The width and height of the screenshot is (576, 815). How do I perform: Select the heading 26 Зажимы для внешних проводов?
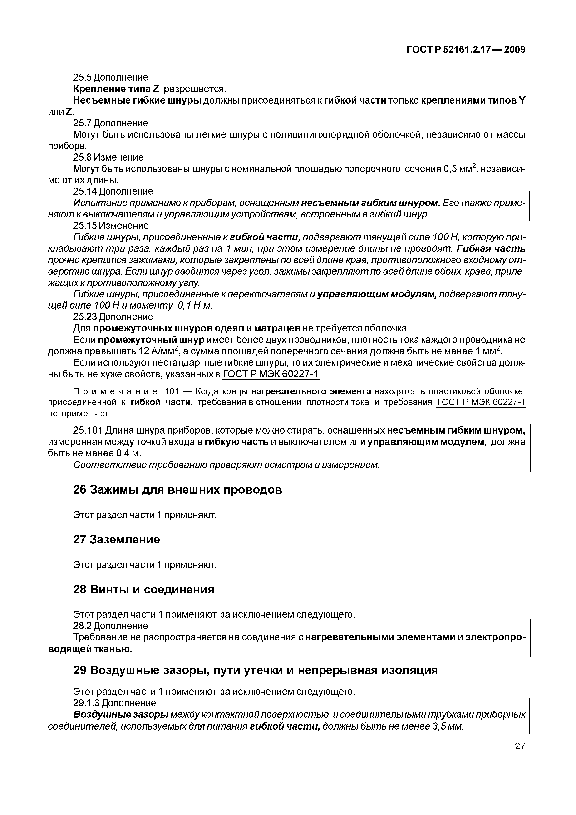177,490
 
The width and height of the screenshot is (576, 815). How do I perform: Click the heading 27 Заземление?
116,539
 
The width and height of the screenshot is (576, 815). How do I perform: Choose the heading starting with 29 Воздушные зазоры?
255,670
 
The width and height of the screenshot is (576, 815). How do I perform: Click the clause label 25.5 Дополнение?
110,77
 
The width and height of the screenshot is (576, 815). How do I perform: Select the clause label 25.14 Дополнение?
113,192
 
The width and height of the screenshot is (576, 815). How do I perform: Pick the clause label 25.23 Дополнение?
113,317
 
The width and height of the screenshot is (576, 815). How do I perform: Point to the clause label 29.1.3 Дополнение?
114,703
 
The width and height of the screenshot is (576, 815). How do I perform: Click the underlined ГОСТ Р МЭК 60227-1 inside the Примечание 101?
481,402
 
